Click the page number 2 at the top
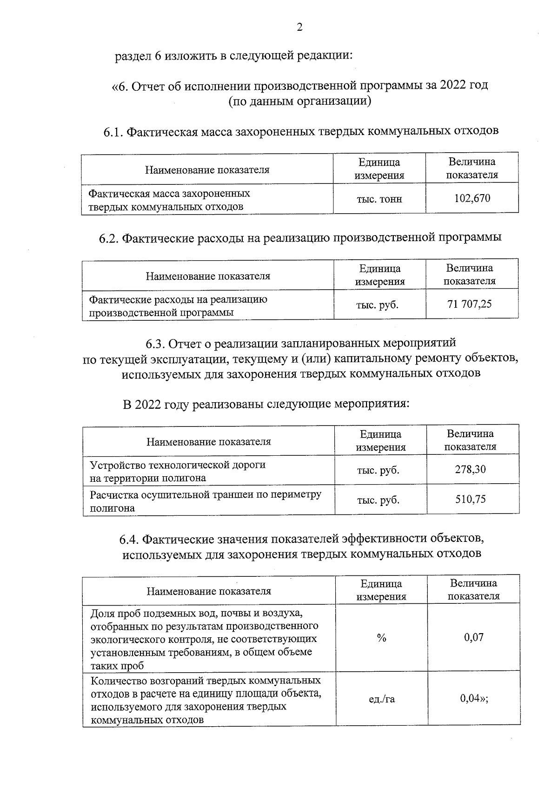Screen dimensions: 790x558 (299, 27)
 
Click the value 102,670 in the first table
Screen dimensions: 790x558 (472, 199)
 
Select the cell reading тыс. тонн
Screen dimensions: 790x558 (379, 199)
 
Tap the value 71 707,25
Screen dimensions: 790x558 (469, 304)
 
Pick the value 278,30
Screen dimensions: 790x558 (470, 469)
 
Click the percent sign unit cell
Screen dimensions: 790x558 (381, 638)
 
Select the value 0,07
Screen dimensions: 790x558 (473, 637)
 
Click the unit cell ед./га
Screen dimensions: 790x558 (381, 699)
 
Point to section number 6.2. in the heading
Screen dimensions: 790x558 (108, 238)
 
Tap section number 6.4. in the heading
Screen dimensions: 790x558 (129, 540)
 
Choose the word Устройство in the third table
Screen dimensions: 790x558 (116, 465)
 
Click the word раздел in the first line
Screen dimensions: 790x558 (132, 57)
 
